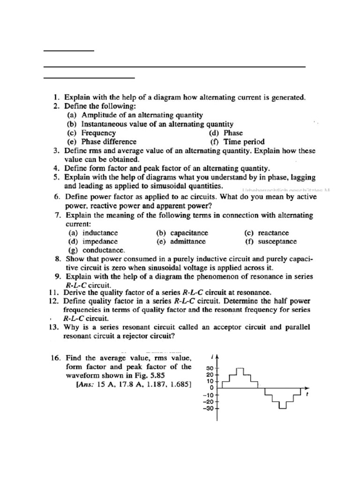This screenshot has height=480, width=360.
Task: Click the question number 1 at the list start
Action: pos(55,98)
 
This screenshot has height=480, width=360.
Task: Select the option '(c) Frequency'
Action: pos(92,133)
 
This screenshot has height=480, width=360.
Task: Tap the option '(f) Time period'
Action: pos(237,142)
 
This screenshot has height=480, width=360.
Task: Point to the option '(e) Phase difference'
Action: pos(102,142)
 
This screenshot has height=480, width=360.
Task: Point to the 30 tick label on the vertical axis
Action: pos(210,368)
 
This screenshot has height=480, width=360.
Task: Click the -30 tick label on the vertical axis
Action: pos(208,408)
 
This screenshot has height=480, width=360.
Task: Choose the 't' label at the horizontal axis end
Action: pos(307,395)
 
